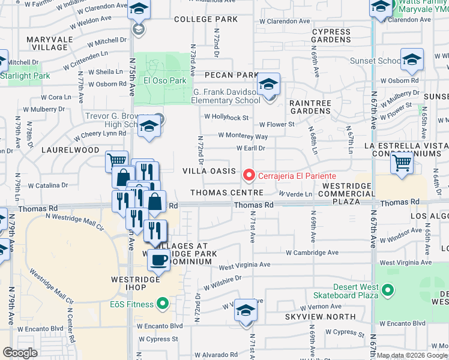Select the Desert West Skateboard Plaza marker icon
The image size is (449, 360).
[x=388, y=291]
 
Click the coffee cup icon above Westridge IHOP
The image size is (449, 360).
[x=158, y=260]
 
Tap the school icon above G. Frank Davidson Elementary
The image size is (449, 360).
[x=268, y=84]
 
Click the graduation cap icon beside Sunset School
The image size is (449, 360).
[x=412, y=60]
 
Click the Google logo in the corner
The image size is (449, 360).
[x=20, y=353]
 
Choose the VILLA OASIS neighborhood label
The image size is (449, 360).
[x=209, y=171]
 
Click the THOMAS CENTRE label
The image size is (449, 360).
[x=227, y=193]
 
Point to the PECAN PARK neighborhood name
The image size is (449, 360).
[x=231, y=75]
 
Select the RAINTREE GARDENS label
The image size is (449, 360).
[x=310, y=107]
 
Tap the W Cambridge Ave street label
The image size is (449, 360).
[x=312, y=253]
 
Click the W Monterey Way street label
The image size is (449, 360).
[x=243, y=136]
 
